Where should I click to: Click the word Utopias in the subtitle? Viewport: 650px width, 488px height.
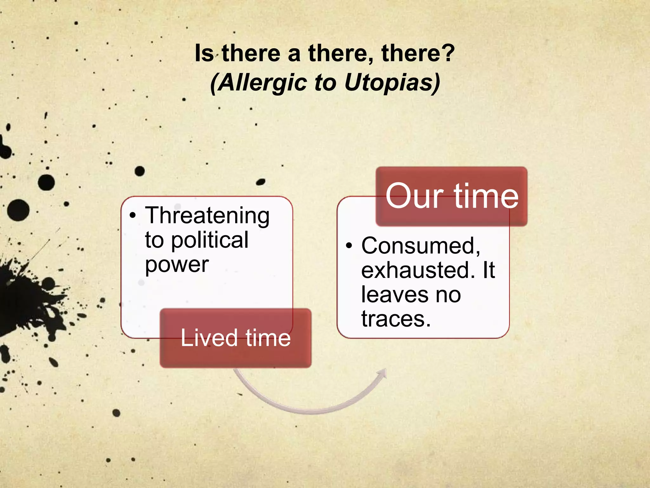pos(392,83)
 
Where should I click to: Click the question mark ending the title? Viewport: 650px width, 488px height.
pos(448,53)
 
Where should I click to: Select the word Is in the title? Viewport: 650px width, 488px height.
pos(204,53)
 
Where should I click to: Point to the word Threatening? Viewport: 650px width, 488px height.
pos(207,216)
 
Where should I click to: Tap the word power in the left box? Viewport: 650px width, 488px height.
pos(177,264)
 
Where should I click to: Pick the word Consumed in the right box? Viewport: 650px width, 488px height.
pos(421,246)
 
